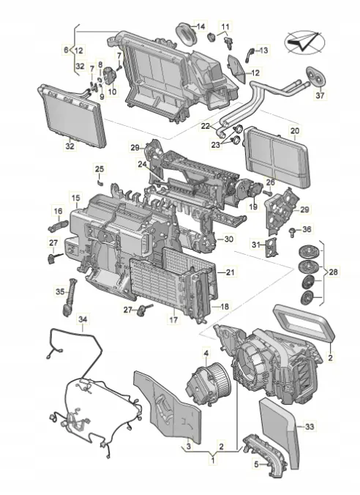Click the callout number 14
[x=200, y=26]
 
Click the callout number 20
[x=295, y=132]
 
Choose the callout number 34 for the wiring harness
[x=83, y=319]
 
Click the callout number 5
[x=255, y=463]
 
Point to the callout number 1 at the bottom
[x=212, y=461]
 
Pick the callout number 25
[x=100, y=169]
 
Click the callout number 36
[x=306, y=230]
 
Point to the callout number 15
[x=75, y=198]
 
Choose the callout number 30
[x=229, y=239]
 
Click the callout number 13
[x=263, y=50]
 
